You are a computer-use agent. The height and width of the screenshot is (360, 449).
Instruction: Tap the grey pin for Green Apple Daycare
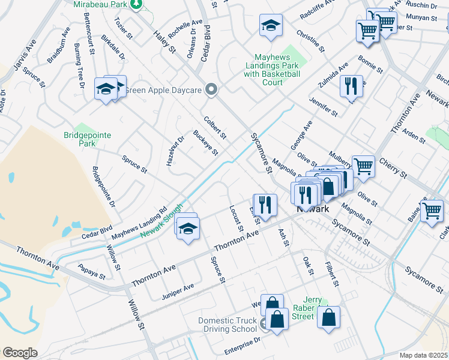point(211,89)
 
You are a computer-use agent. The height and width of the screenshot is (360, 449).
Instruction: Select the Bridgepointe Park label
point(88,140)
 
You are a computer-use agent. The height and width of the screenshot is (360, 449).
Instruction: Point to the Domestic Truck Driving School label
point(228,325)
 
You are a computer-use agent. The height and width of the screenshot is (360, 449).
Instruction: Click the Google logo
point(20,353)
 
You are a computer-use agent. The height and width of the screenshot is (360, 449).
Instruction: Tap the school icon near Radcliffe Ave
point(271,26)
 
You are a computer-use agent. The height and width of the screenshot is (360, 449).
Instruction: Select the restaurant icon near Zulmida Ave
point(351,85)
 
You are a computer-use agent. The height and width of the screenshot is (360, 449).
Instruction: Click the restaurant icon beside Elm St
point(264,204)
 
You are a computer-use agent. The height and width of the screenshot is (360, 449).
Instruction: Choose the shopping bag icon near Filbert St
point(328,318)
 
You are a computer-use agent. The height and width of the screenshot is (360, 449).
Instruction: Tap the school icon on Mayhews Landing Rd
point(188,229)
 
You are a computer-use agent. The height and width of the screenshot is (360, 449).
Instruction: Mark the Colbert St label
point(215,127)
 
